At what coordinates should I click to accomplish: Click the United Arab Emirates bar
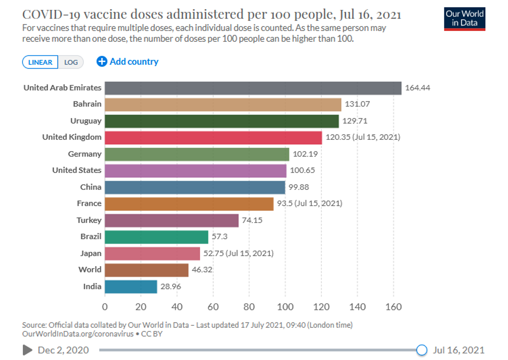click(253, 88)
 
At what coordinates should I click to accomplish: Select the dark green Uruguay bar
click(221, 121)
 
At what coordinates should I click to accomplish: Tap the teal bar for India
click(131, 286)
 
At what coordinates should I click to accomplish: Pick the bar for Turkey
click(171, 220)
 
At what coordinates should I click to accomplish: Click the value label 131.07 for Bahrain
click(357, 104)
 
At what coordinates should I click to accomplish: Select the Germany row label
click(84, 154)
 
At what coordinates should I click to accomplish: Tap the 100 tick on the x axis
click(285, 307)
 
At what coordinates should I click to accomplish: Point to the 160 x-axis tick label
click(393, 307)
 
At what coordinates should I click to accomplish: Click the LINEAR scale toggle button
click(40, 62)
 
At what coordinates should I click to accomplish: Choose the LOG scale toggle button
click(71, 62)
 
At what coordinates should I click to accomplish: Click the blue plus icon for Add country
click(102, 62)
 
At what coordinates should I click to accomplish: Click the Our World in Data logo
click(464, 19)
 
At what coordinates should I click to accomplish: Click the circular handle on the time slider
click(422, 350)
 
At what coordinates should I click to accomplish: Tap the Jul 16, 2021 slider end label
click(458, 350)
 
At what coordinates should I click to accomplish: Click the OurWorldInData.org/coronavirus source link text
click(77, 334)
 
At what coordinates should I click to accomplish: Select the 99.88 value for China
click(299, 187)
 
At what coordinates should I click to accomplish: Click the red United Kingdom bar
click(213, 137)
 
